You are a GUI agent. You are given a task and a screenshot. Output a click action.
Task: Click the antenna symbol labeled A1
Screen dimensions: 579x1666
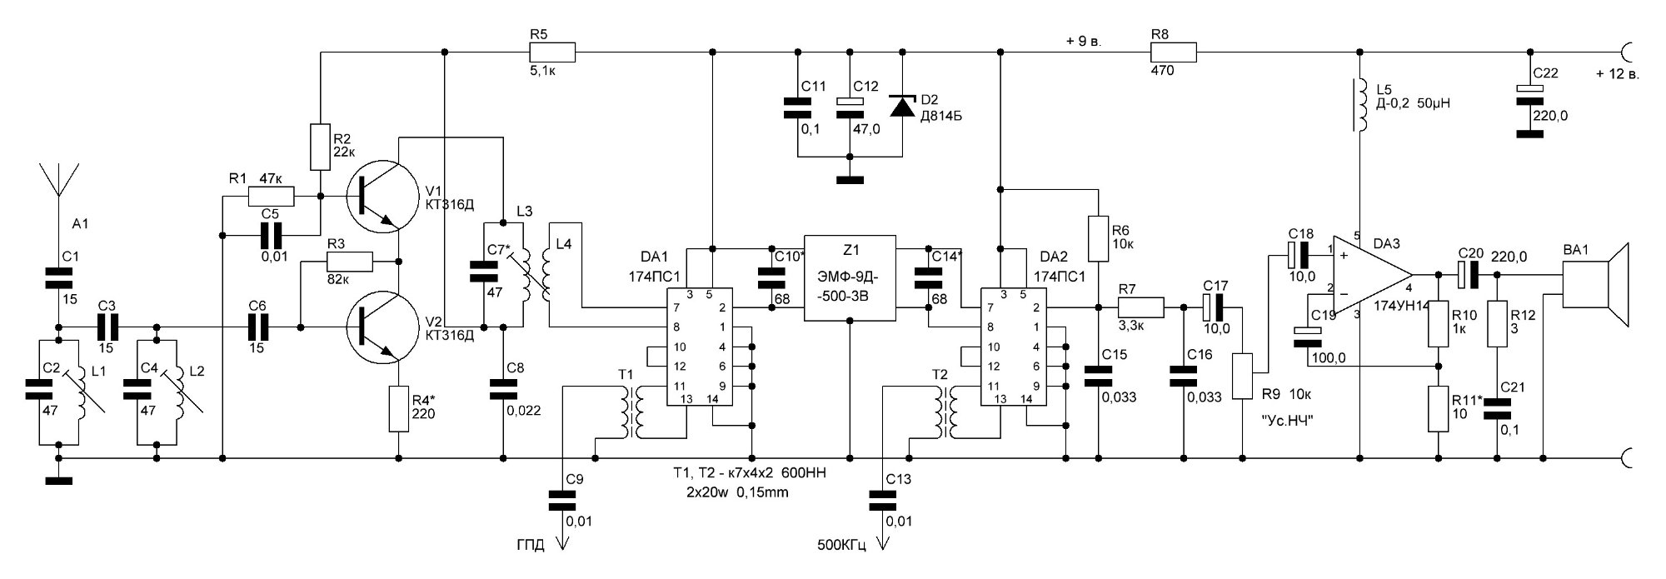click(x=59, y=179)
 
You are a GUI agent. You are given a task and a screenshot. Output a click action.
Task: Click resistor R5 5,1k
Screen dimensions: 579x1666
click(x=551, y=52)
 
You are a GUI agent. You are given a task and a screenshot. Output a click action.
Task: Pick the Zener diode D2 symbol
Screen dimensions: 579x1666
click(x=902, y=107)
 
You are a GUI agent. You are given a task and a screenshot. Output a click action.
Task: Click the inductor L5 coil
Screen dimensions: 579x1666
click(x=1359, y=106)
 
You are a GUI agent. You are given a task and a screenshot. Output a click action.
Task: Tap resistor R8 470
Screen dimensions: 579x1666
click(x=1173, y=52)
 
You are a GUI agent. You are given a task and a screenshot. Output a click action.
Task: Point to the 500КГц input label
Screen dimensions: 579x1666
click(x=841, y=547)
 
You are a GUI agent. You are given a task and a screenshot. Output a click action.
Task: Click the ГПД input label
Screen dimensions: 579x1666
click(x=531, y=547)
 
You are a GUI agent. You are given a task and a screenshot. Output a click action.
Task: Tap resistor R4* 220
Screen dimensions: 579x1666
click(x=399, y=409)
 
